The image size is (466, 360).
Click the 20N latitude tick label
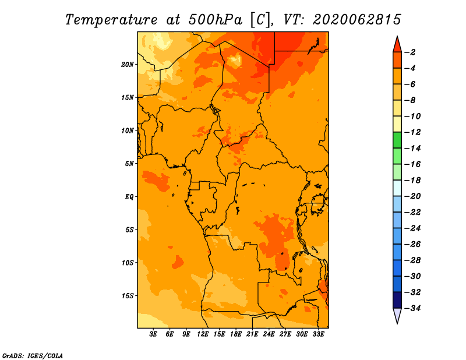[128, 65]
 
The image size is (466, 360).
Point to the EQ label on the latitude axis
[129, 197]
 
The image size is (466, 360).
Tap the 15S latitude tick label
[128, 296]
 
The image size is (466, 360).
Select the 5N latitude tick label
[129, 164]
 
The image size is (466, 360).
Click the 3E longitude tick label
[153, 334]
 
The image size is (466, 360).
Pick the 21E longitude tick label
[252, 334]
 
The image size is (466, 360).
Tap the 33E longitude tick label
[318, 334]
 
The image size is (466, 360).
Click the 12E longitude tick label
[203, 334]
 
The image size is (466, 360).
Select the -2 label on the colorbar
[411, 52]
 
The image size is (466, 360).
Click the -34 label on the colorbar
[412, 308]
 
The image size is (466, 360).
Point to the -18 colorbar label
[412, 180]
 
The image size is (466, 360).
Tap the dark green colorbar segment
[397, 140]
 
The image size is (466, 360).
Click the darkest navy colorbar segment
[397, 300]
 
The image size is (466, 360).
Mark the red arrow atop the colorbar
[397, 44]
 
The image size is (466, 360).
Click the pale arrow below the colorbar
[397, 316]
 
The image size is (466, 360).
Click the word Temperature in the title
[111, 20]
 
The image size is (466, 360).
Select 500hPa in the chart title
[215, 20]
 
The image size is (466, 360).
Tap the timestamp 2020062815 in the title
[357, 20]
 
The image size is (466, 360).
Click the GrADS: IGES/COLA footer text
[33, 355]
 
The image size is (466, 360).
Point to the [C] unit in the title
[260, 20]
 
